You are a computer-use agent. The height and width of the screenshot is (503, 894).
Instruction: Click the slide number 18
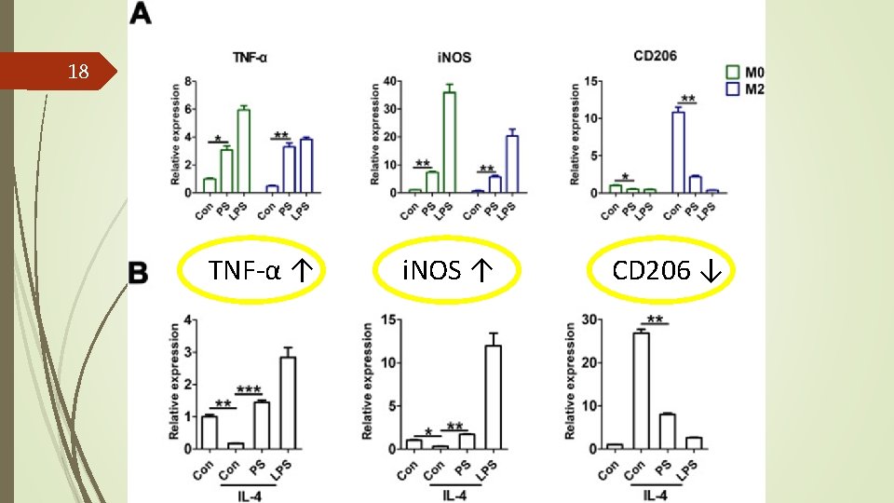coord(79,72)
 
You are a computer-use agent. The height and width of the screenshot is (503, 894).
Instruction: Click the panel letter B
coord(138,273)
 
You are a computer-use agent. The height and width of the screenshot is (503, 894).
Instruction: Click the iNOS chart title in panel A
coord(454,57)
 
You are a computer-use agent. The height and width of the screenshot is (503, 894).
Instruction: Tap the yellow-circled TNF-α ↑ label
coord(259,271)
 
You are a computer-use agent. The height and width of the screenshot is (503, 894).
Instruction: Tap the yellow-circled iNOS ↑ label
coord(446,271)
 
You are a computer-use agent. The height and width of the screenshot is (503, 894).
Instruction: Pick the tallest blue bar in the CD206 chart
coord(678,152)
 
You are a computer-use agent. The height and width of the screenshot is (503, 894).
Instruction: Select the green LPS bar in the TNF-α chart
coord(243,151)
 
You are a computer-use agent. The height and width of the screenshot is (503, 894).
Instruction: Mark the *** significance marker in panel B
coord(248,388)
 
